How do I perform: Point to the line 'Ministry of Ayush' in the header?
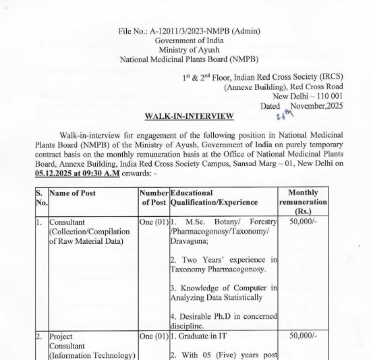[x=189, y=49]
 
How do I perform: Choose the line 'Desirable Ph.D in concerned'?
[x=223, y=315]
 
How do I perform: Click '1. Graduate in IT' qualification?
[x=201, y=336]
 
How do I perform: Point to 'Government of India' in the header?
[x=189, y=40]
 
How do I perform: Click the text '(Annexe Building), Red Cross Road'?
[x=283, y=87]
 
